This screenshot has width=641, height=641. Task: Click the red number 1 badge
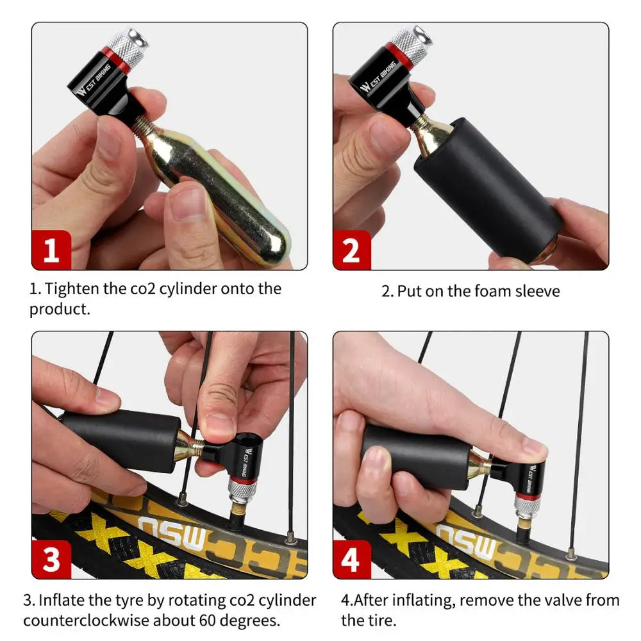[x=51, y=250]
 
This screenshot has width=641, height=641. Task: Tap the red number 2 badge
[x=352, y=250]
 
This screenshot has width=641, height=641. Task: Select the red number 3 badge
[x=51, y=559]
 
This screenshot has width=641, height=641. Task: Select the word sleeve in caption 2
[x=538, y=292]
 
